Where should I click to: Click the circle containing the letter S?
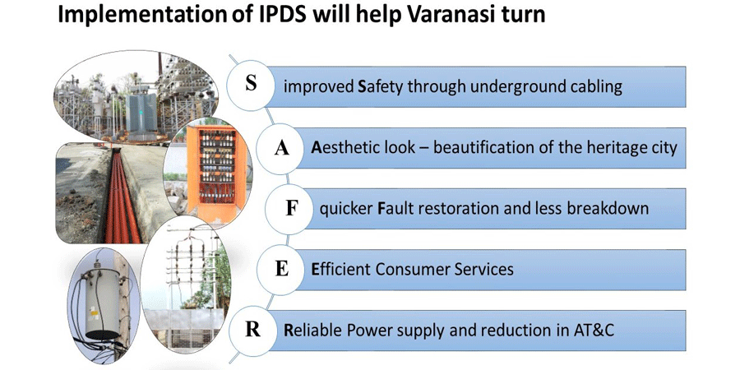(251, 86)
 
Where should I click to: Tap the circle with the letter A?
(281, 148)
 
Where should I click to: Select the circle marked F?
(291, 209)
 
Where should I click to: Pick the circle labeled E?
(281, 269)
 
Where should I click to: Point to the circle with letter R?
(252, 330)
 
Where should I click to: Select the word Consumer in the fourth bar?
(412, 270)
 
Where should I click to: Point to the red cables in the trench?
(120, 198)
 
